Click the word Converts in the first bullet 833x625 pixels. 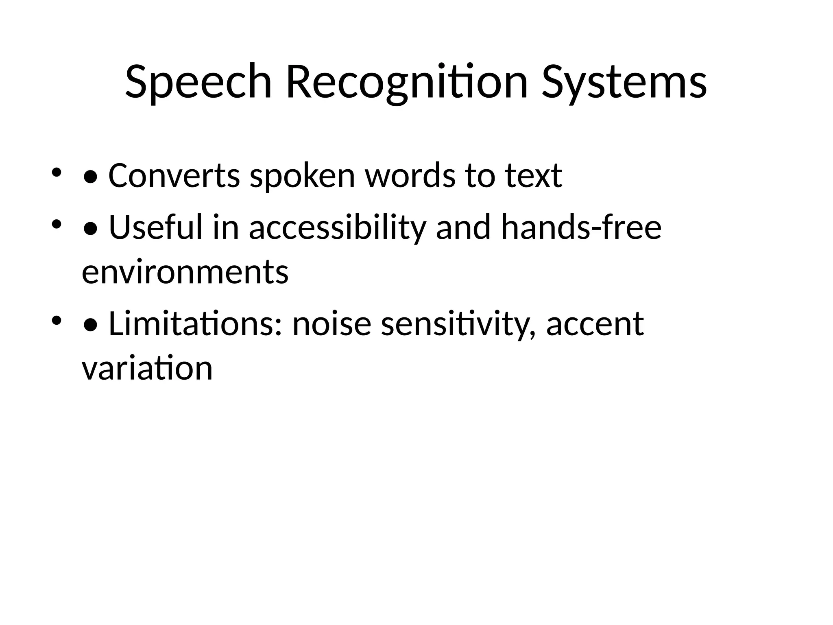pos(174,175)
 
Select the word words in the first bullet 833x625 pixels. pos(410,175)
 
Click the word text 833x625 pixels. pos(534,175)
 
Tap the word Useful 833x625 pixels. pos(156,227)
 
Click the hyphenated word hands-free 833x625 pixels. pos(581,227)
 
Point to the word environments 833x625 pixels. pos(185,272)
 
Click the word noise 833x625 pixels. pos(332,324)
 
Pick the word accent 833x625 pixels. pos(595,324)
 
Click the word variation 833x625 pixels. pos(147,368)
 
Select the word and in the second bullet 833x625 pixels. pos(463,227)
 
